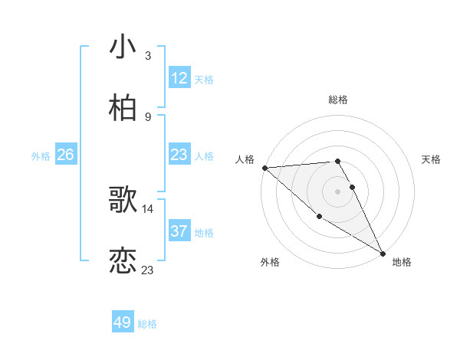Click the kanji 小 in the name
pyautogui.click(x=123, y=47)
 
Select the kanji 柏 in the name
pyautogui.click(x=123, y=108)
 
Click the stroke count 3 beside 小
pyautogui.click(x=147, y=55)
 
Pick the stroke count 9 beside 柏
pyautogui.click(x=147, y=116)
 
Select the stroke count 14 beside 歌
pyautogui.click(x=148, y=208)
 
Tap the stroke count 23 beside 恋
pyautogui.click(x=148, y=270)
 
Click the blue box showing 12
pyautogui.click(x=179, y=78)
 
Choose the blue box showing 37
pyautogui.click(x=179, y=231)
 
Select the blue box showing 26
pyautogui.click(x=66, y=155)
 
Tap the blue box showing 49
pyautogui.click(x=123, y=322)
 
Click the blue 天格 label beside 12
pyautogui.click(x=204, y=79)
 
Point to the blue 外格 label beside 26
pyautogui.click(x=41, y=155)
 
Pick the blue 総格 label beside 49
pyautogui.click(x=147, y=323)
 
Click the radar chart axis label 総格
pyautogui.click(x=337, y=100)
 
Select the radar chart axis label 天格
pyautogui.click(x=431, y=159)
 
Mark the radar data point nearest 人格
pyautogui.click(x=264, y=168)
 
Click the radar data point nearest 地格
pyautogui.click(x=383, y=253)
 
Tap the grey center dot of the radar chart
pyautogui.click(x=337, y=191)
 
